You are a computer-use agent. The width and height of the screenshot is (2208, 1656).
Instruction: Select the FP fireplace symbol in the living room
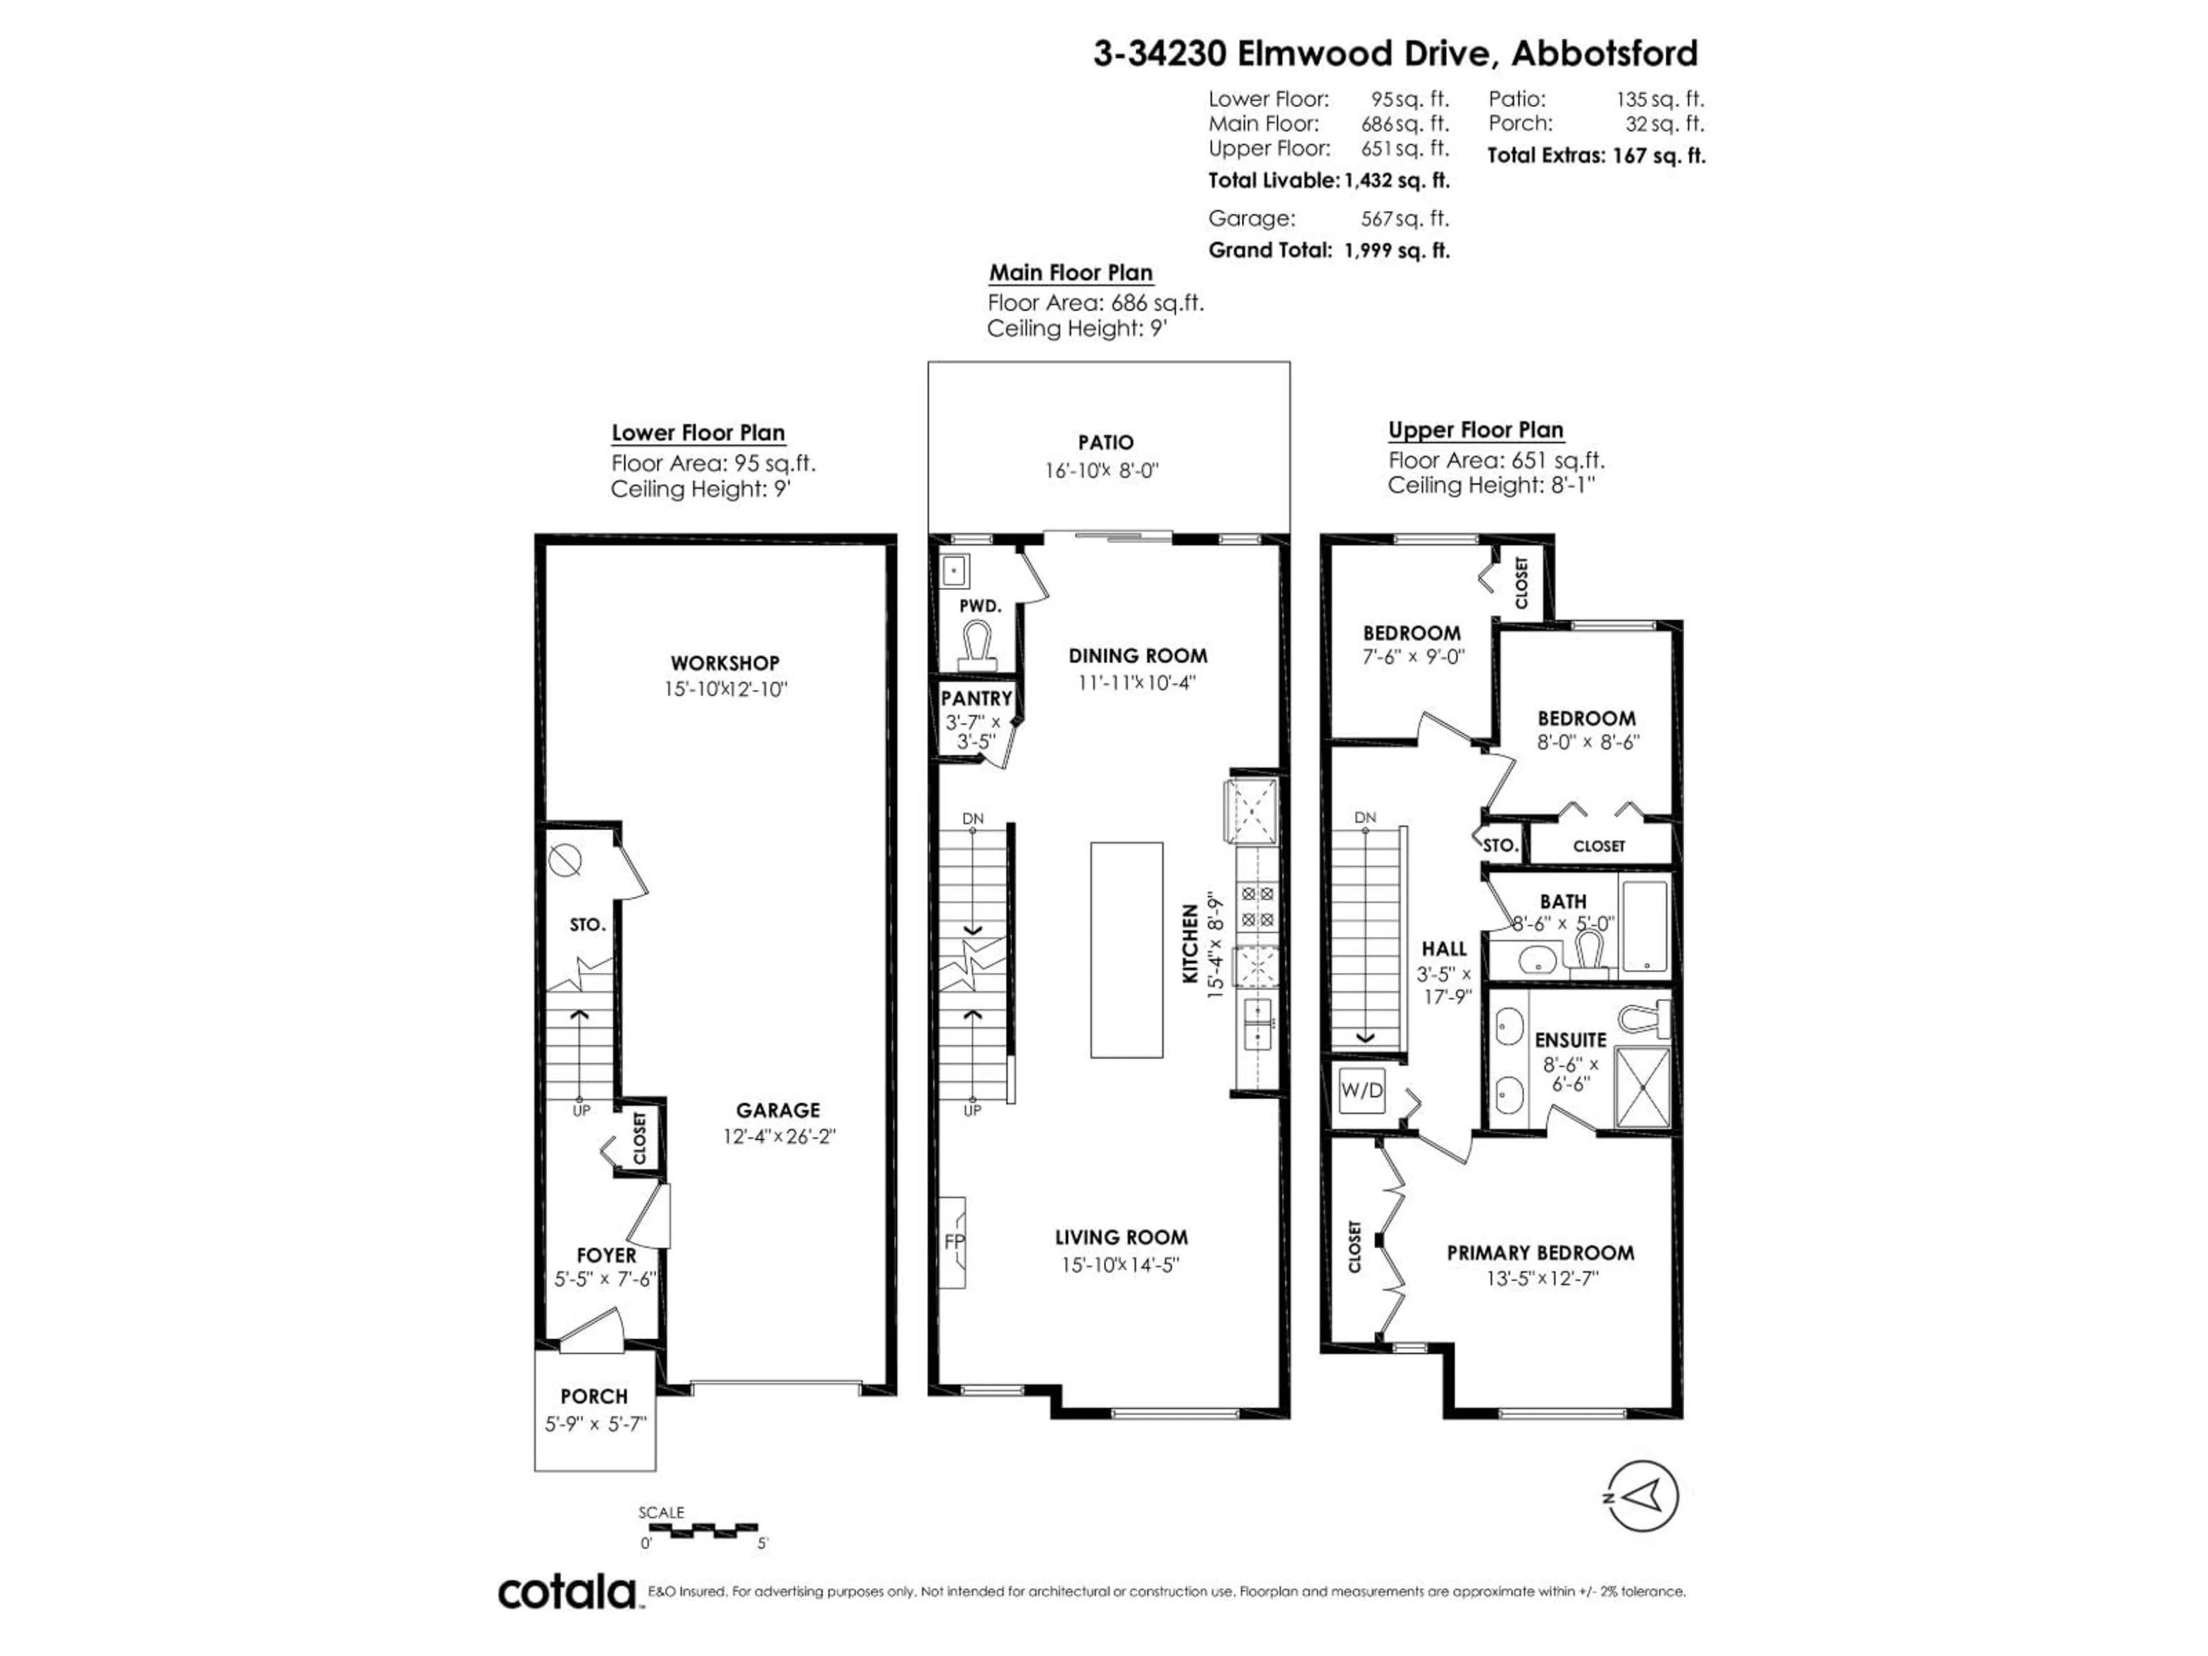[x=952, y=1242]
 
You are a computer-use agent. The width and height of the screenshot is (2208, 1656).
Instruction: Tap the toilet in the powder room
[x=976, y=644]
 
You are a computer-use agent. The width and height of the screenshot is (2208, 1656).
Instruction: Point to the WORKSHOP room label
[x=724, y=663]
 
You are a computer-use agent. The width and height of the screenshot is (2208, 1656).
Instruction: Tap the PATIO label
[x=1105, y=442]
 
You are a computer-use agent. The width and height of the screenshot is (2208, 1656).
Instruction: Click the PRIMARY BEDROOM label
[x=1540, y=1253]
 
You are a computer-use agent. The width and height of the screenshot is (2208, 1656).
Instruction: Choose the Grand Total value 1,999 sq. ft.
[x=1397, y=251]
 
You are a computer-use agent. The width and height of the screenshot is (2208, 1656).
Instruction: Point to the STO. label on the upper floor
[x=1499, y=845]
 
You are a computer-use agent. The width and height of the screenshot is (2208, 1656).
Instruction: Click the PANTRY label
[x=976, y=699]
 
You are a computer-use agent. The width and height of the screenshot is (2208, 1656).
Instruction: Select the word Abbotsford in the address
[x=1604, y=53]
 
